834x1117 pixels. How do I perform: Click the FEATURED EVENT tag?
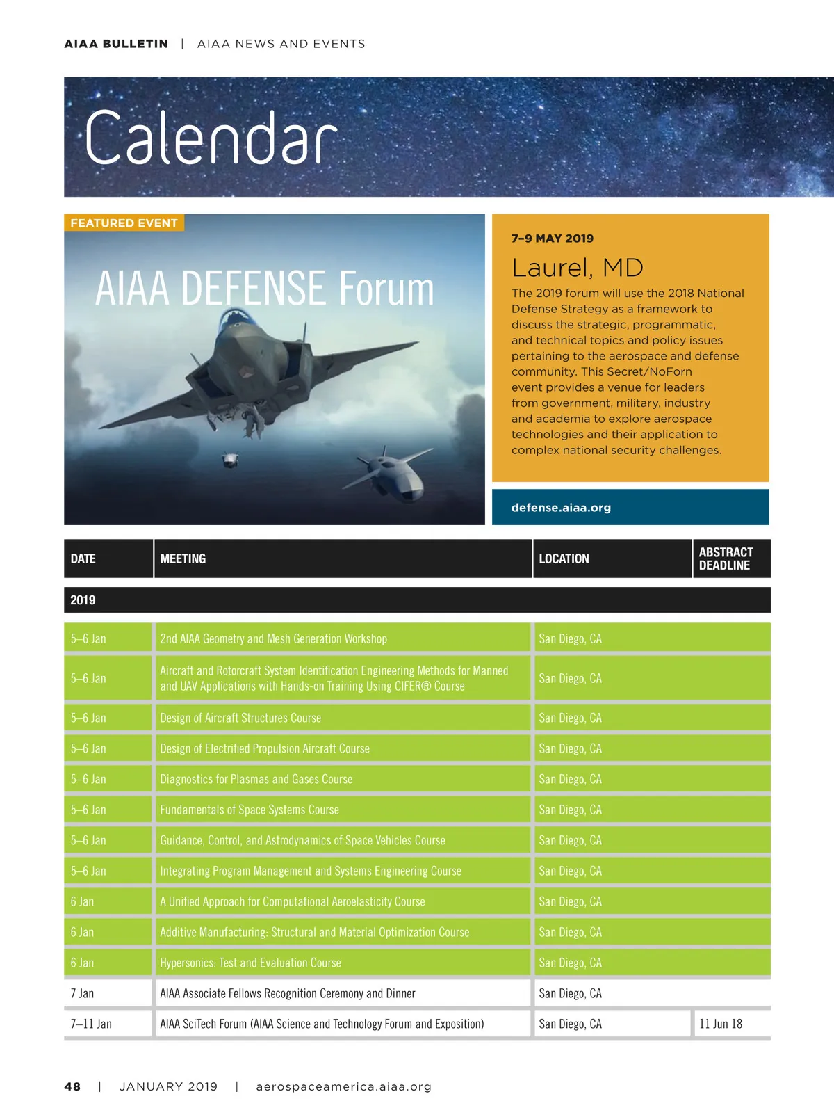124,223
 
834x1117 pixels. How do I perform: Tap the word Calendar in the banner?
211,138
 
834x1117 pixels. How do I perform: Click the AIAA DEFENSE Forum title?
264,289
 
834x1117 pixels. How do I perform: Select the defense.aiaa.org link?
561,508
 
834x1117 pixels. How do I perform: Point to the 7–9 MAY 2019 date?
553,239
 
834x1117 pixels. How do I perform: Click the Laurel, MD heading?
577,268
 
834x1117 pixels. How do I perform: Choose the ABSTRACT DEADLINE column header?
726,558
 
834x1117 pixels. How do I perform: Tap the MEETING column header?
183,558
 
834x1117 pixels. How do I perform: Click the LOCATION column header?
564,558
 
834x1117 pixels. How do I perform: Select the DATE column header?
83,558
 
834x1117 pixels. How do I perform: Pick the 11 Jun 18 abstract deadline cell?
721,1024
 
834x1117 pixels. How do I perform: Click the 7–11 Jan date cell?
91,1024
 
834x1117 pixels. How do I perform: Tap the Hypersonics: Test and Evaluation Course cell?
250,963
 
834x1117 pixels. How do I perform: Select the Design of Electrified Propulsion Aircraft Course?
265,748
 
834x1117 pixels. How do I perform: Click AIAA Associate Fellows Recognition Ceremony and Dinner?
288,993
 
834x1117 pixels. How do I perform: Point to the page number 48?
72,1086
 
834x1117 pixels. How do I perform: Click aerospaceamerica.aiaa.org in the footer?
343,1086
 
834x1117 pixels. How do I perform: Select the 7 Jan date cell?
82,993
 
